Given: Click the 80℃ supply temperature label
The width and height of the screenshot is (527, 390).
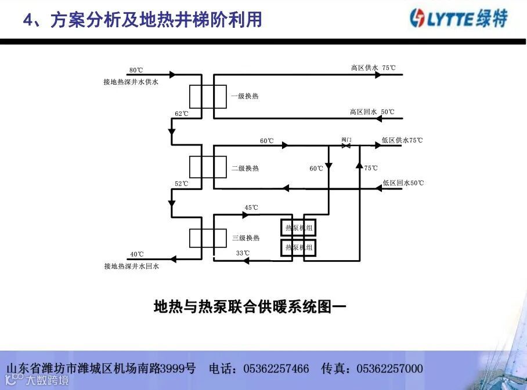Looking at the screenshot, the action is point(136,70).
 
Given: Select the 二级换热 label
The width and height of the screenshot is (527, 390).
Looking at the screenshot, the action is point(245,168).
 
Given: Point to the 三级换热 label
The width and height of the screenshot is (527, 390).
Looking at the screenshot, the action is point(246,238).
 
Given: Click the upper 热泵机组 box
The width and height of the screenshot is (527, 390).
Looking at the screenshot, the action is point(299,228).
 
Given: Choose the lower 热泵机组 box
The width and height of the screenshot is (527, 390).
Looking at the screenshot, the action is point(299,248).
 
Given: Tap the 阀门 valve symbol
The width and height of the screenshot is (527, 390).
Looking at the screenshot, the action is point(346,145).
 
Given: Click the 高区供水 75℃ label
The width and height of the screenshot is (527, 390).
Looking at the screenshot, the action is point(373,68).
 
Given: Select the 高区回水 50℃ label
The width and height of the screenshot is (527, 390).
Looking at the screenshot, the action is point(372,112).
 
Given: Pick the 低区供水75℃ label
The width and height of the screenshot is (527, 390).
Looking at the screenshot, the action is point(402,140).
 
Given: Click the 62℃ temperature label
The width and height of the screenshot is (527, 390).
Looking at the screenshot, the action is point(182,114).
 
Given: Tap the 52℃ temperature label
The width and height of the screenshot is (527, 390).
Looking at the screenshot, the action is point(182,184).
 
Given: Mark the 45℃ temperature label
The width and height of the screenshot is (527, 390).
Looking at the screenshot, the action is point(251,207).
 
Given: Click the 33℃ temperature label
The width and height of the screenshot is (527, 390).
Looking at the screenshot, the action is point(243,253).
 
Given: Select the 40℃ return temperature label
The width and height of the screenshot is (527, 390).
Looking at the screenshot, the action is point(136,254).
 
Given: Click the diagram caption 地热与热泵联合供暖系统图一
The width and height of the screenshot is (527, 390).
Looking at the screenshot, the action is point(250,306).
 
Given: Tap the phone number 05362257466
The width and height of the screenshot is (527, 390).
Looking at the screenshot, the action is point(276,369).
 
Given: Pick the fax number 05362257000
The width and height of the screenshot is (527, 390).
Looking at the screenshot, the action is point(389,369).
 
